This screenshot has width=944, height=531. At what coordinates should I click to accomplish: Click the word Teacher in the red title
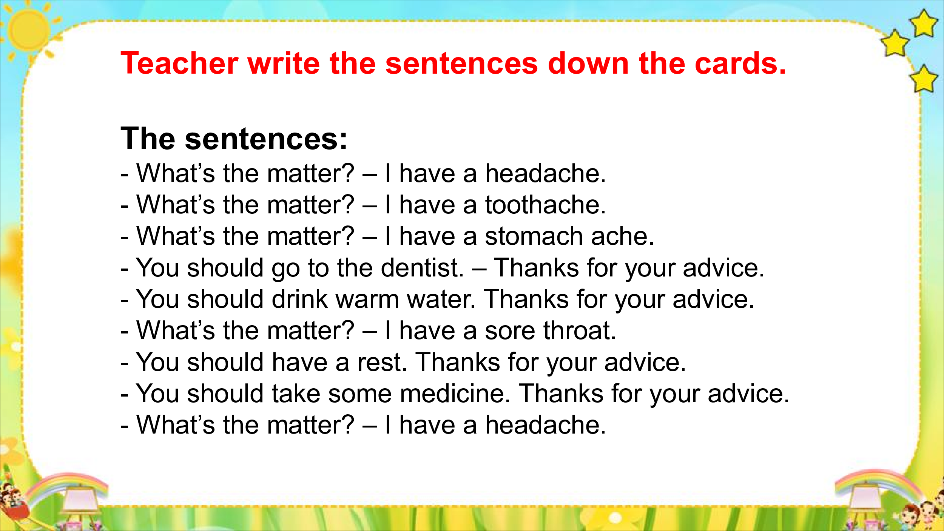179,63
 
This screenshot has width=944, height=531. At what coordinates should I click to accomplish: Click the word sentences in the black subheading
266,139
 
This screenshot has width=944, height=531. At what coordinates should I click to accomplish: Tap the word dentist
422,268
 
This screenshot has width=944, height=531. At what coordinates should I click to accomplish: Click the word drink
300,299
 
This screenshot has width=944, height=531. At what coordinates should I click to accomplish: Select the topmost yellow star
923,23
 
